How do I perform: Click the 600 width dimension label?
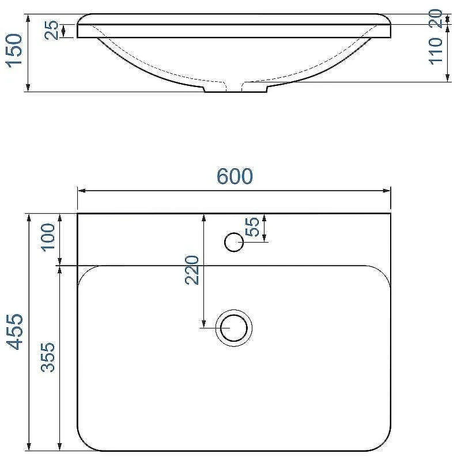(x=235, y=176)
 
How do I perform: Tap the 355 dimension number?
(x=48, y=357)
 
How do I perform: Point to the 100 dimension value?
(x=48, y=237)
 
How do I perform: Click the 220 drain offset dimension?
(x=192, y=270)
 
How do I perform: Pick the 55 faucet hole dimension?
(x=252, y=226)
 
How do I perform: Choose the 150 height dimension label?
(x=14, y=51)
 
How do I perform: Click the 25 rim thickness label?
(x=51, y=30)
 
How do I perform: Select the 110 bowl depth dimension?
(x=436, y=51)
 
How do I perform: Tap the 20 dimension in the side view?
(x=436, y=18)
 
